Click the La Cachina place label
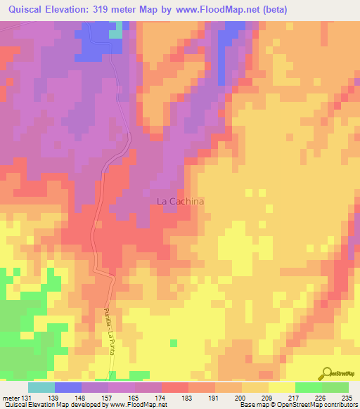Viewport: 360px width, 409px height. coord(180,201)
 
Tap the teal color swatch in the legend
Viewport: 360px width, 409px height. coord(41,387)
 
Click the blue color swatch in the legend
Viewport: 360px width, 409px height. coord(68,387)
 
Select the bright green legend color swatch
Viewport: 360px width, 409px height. coord(308,387)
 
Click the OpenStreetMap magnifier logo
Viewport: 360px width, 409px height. coord(325,373)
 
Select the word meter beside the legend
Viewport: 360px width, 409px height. coord(12,397)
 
